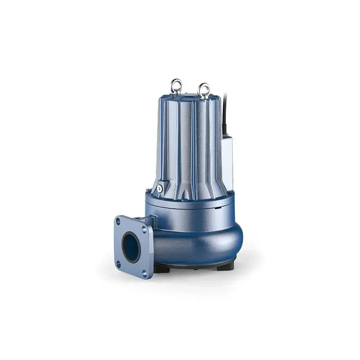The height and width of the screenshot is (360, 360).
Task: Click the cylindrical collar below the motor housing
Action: (x=193, y=205)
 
